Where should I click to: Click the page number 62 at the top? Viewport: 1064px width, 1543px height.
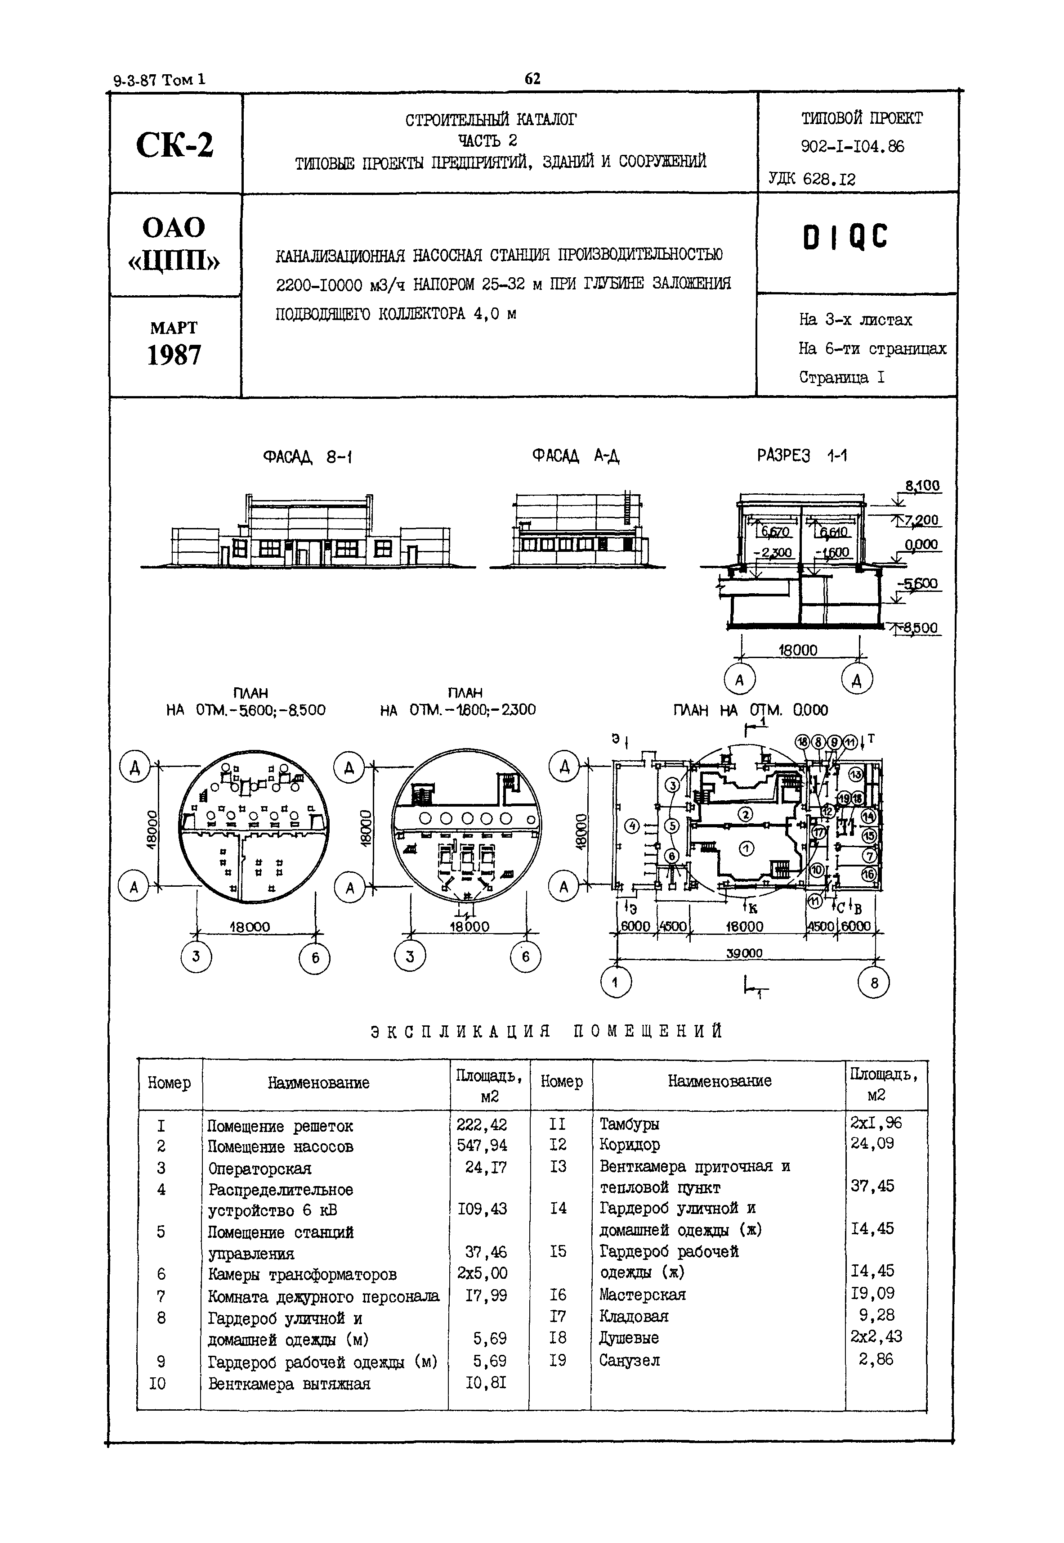coord(532,79)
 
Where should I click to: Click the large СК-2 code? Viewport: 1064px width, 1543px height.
coord(174,145)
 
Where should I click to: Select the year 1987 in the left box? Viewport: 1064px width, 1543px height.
coord(174,355)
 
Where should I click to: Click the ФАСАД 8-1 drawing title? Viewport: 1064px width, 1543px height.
coord(307,457)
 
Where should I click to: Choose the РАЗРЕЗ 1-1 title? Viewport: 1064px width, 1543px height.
coord(801,456)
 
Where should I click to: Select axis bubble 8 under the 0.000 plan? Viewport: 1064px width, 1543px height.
coord(874,983)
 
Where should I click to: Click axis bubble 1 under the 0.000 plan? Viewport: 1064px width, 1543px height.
coord(615,983)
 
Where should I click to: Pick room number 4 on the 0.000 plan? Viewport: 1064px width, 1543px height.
coord(630,826)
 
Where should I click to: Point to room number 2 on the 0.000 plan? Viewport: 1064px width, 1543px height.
coord(746,813)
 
